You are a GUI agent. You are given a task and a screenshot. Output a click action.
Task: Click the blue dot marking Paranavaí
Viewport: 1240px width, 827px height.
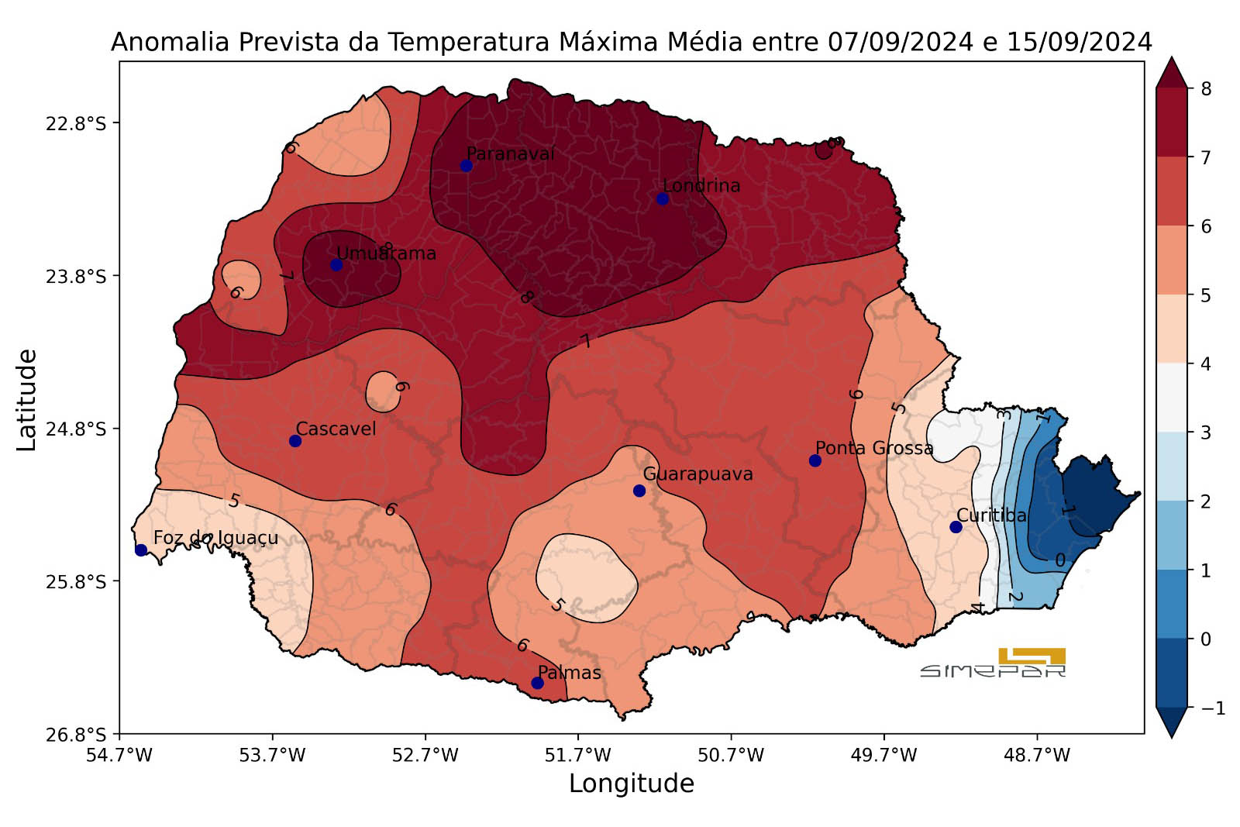466,165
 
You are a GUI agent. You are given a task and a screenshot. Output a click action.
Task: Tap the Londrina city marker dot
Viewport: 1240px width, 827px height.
663,198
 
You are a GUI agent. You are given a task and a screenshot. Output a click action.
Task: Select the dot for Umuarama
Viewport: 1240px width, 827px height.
336,265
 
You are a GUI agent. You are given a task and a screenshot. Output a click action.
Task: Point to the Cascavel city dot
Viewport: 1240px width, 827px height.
295,441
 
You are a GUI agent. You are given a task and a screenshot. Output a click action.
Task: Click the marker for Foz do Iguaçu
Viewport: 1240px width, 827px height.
141,550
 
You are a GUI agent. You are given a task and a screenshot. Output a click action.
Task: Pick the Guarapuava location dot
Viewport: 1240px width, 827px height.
639,491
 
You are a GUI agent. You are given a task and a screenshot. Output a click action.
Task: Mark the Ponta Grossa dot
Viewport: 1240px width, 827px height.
815,460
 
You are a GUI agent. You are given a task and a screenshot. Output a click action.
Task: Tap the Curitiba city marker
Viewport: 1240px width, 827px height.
956,527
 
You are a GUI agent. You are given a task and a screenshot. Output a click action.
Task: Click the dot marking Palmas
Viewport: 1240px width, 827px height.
537,683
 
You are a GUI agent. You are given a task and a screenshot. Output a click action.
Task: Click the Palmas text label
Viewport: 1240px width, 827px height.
570,673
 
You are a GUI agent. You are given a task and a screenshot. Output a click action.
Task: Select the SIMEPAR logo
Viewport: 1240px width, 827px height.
994,663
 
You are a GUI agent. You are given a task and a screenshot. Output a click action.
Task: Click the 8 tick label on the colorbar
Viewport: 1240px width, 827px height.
1206,89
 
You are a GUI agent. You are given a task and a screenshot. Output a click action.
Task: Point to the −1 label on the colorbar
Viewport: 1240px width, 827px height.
1211,708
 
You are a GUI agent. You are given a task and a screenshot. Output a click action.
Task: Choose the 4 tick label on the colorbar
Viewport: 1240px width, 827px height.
1206,364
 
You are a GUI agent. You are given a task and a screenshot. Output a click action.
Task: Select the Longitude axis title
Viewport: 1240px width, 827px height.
632,784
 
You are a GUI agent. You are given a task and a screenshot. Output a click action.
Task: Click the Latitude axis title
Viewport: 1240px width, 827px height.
27,400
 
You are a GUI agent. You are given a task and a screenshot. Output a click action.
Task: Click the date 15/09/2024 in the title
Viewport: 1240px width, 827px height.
1080,42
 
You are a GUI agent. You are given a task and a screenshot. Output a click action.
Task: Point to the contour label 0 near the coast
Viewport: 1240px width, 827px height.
1060,560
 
